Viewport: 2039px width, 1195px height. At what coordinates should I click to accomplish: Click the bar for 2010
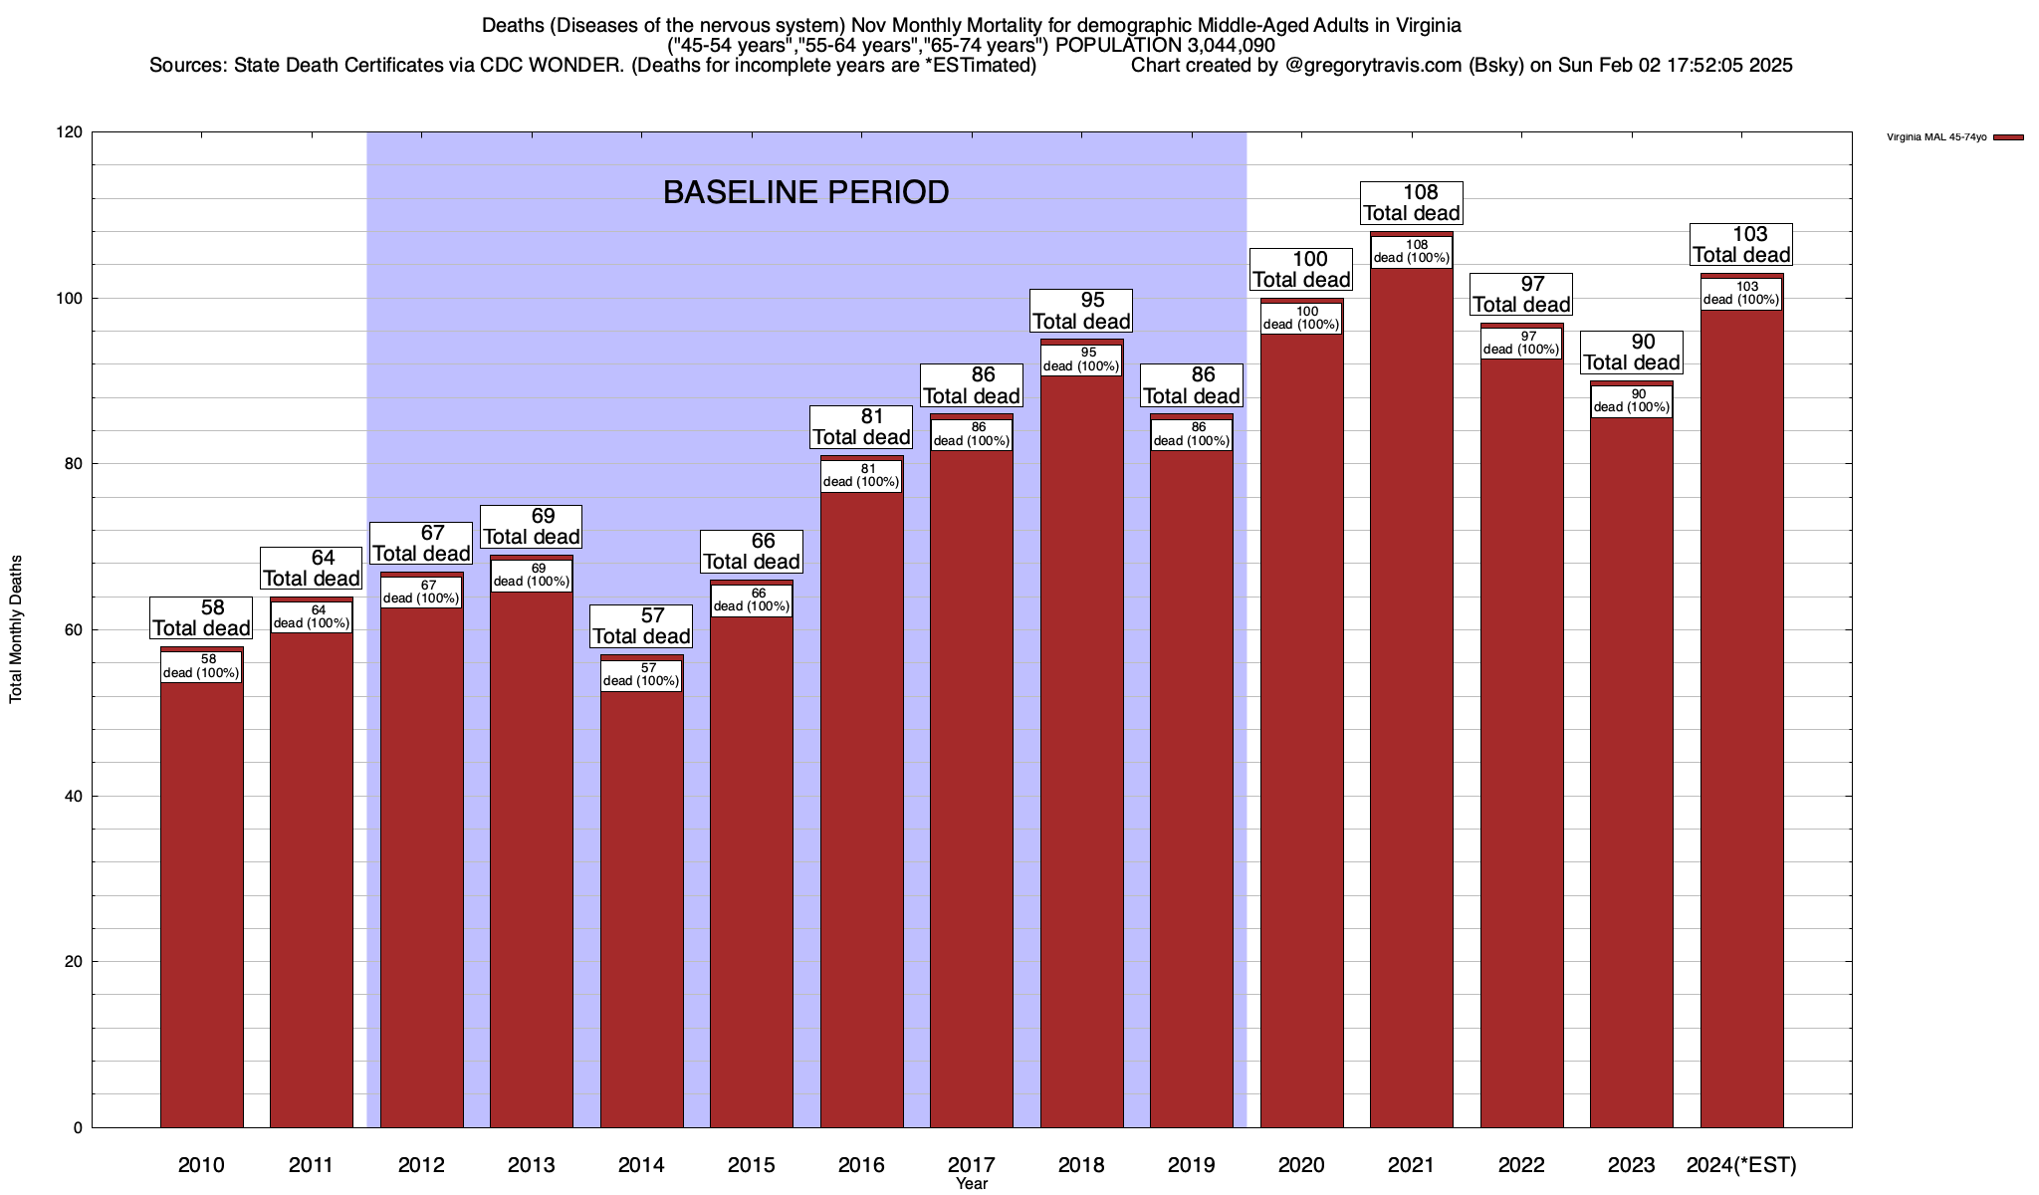pos(201,896)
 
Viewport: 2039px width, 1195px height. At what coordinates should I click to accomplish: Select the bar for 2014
pos(641,896)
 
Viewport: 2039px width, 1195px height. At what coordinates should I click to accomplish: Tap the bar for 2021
pos(1411,697)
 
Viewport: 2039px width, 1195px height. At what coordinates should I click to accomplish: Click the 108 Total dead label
pos(1411,203)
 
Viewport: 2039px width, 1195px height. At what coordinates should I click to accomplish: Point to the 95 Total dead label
pos(1081,311)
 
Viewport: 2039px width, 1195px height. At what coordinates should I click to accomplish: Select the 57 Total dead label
pos(641,626)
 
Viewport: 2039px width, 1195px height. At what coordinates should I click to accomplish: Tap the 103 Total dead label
pos(1741,245)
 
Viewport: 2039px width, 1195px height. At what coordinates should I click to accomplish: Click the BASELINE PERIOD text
pos(805,192)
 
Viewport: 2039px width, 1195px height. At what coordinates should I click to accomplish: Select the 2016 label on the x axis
pos(861,1165)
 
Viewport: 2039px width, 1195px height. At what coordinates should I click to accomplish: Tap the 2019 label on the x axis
pos(1191,1165)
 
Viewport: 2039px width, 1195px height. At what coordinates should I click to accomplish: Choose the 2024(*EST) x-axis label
pos(1741,1165)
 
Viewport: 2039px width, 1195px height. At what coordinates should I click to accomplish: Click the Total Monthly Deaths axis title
pos(16,628)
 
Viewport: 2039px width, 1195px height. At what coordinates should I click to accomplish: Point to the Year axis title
pos(971,1184)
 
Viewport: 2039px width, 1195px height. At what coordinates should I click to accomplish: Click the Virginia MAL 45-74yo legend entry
pos(1936,137)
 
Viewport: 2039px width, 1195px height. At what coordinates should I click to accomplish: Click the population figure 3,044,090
pos(1217,45)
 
